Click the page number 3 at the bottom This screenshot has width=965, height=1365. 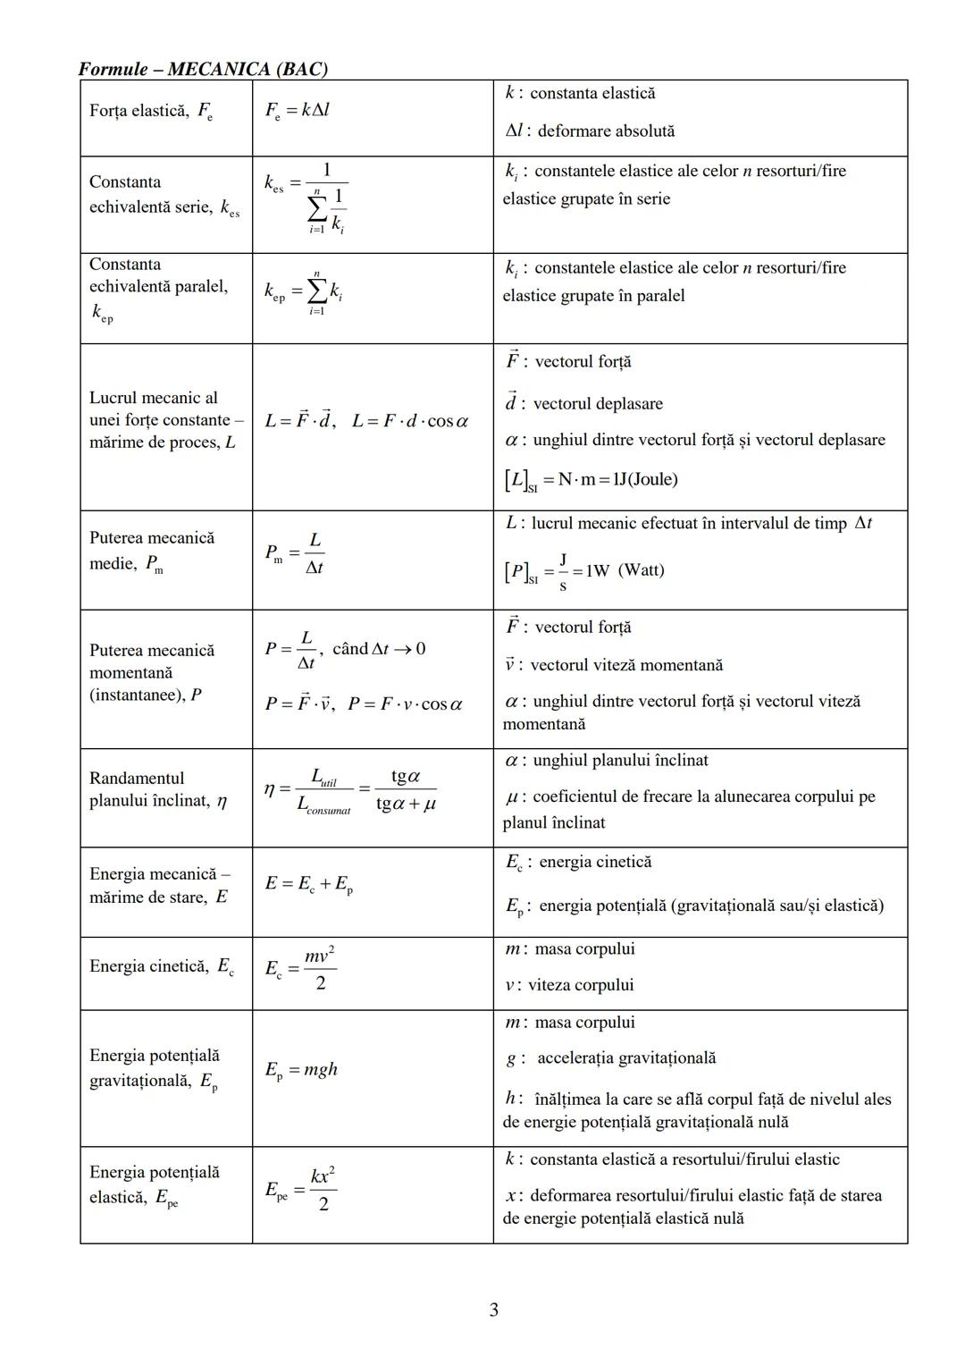tap(493, 1310)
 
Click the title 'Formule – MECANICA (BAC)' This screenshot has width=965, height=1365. tap(203, 69)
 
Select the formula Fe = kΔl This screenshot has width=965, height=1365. tap(298, 111)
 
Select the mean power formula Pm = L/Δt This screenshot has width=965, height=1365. tap(294, 554)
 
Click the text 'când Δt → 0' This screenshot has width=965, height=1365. tap(379, 648)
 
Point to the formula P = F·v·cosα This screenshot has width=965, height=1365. tap(405, 704)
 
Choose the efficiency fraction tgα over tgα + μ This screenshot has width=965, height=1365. tap(406, 789)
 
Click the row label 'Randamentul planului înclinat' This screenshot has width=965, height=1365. tap(158, 789)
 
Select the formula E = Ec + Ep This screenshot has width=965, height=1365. tap(308, 884)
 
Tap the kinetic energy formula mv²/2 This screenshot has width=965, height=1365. tap(300, 968)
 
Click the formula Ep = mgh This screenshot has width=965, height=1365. tap(301, 1070)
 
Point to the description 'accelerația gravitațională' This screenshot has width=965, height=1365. tap(626, 1058)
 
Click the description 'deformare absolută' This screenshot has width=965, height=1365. tap(606, 131)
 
